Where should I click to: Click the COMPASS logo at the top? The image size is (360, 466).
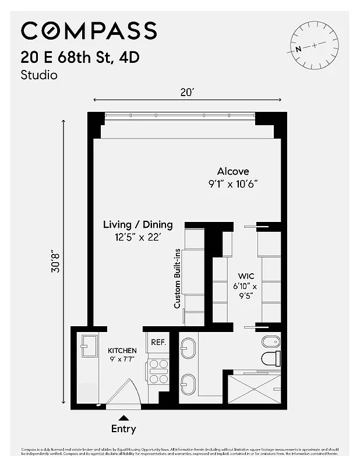click(89, 30)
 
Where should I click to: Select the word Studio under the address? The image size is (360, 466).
click(39, 75)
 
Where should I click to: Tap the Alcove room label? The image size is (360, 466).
click(233, 171)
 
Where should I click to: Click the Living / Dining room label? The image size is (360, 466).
click(138, 224)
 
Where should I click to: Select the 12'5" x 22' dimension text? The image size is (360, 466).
click(138, 237)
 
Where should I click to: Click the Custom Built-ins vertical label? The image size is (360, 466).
click(178, 278)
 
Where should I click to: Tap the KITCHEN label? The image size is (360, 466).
click(122, 351)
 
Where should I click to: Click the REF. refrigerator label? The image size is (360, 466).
click(158, 343)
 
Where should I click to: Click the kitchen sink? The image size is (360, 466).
click(89, 347)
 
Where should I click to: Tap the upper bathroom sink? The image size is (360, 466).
click(188, 349)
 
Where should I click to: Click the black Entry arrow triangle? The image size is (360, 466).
click(123, 417)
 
